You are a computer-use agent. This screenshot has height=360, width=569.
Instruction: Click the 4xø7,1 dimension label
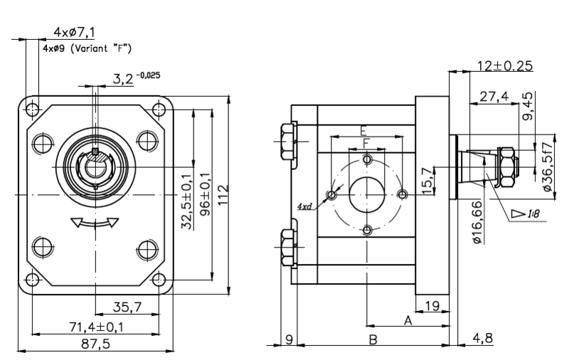pos(74,32)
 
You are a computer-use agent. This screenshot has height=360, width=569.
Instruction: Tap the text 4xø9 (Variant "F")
pos(87,48)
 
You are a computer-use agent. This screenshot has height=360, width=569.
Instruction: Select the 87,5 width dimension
pos(95,344)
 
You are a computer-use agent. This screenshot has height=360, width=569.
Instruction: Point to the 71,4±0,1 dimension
pos(96,327)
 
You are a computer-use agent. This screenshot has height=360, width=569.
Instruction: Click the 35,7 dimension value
pos(127,307)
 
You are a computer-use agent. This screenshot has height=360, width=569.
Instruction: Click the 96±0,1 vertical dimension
pos(206,194)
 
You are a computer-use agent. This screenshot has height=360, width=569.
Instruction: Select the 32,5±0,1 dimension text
pos(187,202)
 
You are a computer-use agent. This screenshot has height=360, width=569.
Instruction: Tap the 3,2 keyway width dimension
pos(123,79)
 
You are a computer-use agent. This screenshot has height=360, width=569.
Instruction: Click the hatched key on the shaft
pos(95,152)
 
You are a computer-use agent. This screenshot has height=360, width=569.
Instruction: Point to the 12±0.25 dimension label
pos(505,65)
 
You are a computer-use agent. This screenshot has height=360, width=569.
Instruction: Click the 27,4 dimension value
pos(494,97)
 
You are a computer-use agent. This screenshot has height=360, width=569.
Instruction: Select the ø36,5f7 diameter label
pos(548,166)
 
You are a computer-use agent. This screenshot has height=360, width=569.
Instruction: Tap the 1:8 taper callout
pos(533,213)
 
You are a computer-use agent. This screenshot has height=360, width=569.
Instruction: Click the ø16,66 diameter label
pos(478,222)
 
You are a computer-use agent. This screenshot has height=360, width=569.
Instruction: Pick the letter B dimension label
pos(373,339)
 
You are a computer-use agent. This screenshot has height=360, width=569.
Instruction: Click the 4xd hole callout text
pos(304,207)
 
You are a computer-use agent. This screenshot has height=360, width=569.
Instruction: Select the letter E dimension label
pos(363,130)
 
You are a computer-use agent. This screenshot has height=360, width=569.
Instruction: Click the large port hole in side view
pos(367,195)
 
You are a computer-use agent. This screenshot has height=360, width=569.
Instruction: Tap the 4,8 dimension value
pos(483,338)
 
